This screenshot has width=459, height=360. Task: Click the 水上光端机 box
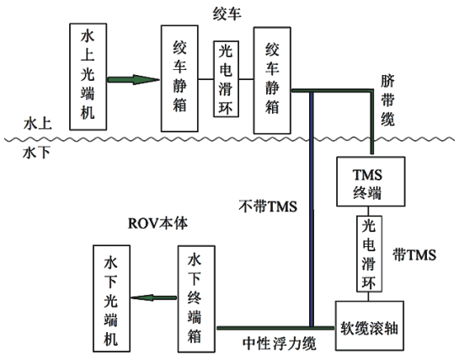pos(88,71)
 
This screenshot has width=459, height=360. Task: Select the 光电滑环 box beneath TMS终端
pos(368,254)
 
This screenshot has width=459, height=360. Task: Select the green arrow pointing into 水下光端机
pos(156,297)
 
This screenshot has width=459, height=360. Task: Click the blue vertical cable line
pos(312,211)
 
